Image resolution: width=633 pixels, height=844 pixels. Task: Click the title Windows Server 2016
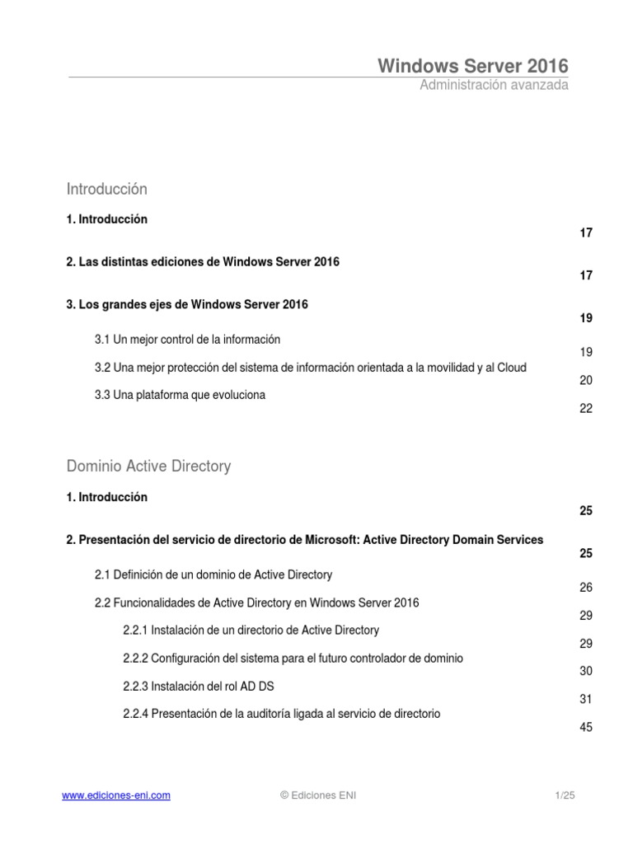pos(473,66)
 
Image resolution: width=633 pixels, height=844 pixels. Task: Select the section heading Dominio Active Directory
pos(148,467)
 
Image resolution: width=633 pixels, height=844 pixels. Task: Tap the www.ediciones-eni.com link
pos(116,795)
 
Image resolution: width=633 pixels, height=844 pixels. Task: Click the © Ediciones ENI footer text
pos(319,795)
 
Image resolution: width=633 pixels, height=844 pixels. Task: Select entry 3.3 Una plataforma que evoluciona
pos(180,395)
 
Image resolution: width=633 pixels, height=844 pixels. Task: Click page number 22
pos(586,409)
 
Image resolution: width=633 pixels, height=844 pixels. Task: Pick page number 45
pos(586,728)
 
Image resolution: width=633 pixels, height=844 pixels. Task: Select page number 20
pos(586,381)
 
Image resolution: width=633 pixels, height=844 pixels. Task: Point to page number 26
pos(586,588)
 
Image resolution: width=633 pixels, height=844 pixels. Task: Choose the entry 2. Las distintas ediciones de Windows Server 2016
pos(203,261)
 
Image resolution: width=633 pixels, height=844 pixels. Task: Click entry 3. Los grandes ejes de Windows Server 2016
pos(187,304)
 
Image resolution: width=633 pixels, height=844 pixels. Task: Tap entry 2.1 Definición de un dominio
pos(213,574)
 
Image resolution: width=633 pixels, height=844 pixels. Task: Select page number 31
pos(586,700)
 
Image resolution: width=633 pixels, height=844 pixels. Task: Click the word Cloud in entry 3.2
pos(510,367)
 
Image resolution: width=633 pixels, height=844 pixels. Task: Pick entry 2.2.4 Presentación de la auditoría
pos(281,714)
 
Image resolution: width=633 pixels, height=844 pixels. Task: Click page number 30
pos(586,672)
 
